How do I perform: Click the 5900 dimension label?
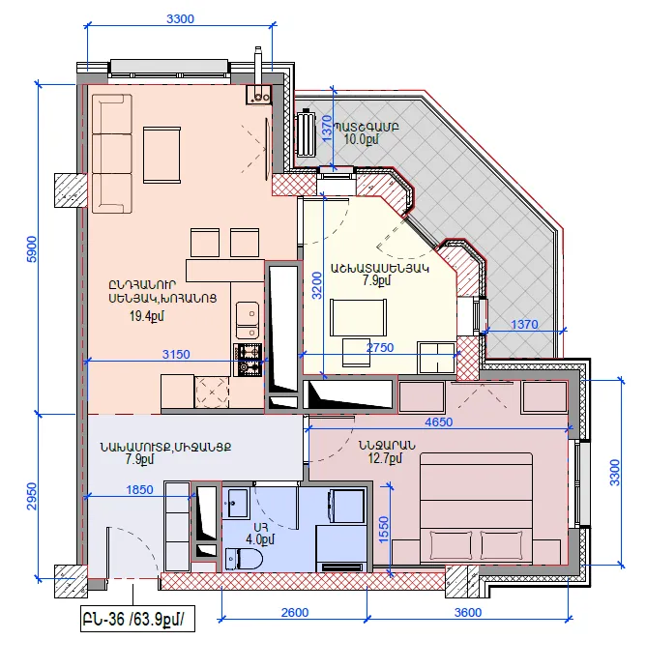point(32,248)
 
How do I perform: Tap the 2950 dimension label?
point(32,496)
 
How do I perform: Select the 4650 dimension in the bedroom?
point(439,422)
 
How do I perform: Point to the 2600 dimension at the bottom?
point(294,612)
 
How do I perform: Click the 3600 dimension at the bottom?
point(468,612)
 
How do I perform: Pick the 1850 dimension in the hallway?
point(139,489)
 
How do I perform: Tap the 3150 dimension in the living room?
point(176,354)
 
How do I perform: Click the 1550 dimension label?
point(384,530)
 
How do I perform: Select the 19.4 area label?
point(147,316)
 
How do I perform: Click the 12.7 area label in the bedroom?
point(385,458)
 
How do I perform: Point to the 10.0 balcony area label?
point(361,138)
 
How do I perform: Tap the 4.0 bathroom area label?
point(260,539)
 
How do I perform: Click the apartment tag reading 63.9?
point(137,619)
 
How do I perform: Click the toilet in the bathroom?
point(243,559)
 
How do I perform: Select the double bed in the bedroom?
point(476,509)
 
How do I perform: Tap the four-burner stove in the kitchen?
point(247,360)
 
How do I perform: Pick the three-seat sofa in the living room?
point(112,154)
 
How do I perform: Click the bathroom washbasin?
point(235,503)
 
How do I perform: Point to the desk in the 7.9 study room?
point(359,317)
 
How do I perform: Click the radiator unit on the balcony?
point(306,133)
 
